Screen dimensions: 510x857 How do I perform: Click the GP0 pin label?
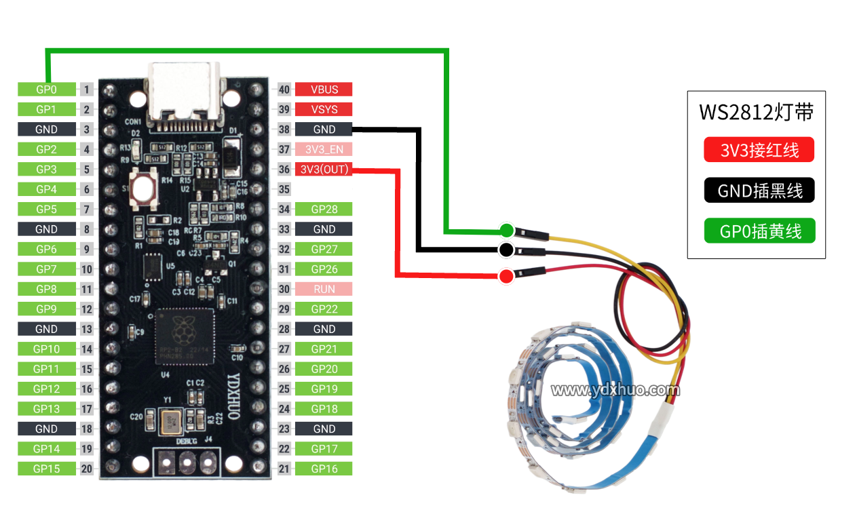(x=46, y=89)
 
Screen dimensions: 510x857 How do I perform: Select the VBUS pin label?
(x=324, y=89)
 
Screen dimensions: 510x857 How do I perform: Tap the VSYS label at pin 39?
(x=324, y=109)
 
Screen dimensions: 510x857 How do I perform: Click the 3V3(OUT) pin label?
(x=324, y=169)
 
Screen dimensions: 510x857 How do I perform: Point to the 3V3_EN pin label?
(x=324, y=149)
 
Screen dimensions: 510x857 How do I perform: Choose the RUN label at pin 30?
(x=324, y=289)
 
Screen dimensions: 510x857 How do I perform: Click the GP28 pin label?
(x=324, y=209)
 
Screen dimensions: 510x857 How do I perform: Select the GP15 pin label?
(x=46, y=469)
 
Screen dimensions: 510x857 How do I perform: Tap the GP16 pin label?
(x=324, y=469)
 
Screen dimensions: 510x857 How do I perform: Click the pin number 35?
(x=284, y=189)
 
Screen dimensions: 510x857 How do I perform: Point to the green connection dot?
(x=506, y=229)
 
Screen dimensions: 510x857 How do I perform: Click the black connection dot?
(x=506, y=250)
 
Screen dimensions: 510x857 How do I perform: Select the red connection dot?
(x=506, y=276)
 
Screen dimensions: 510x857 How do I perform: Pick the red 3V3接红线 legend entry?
(x=759, y=150)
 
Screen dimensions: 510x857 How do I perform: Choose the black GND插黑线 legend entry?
(x=759, y=191)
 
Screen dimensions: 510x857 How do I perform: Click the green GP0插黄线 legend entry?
(x=759, y=231)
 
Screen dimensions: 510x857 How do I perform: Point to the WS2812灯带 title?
(x=756, y=111)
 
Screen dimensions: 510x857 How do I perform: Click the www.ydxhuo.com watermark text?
(x=615, y=390)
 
